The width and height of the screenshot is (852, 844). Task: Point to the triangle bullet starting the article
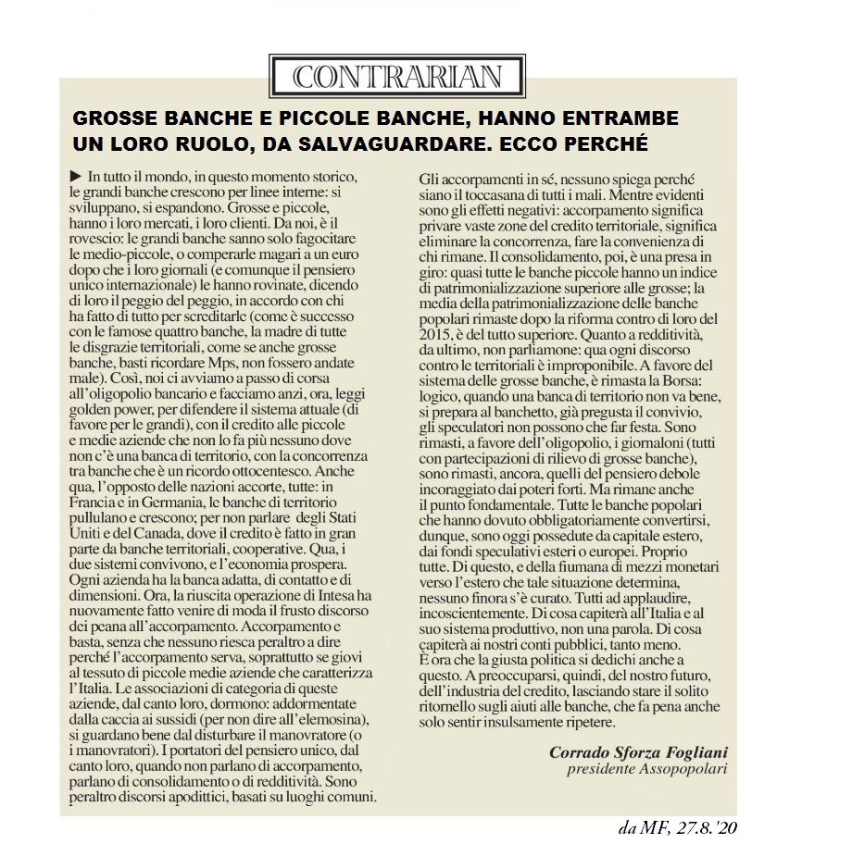click(x=75, y=176)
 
